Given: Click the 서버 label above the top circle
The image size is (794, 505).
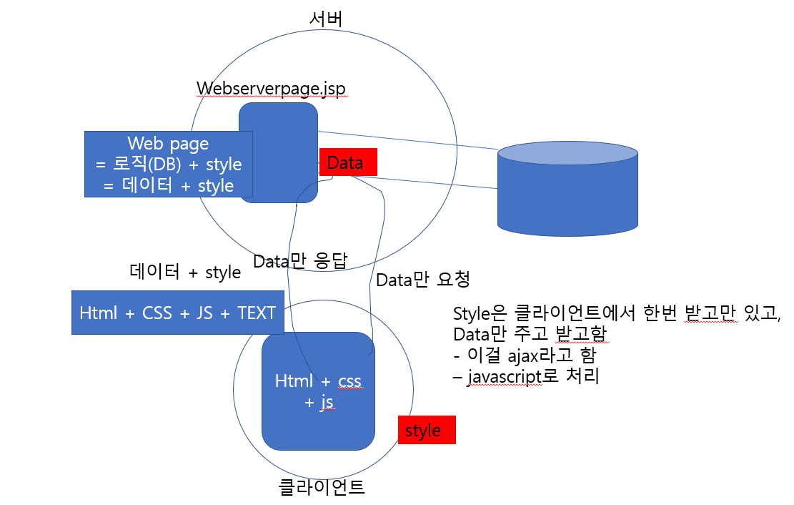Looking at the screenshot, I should (x=326, y=19).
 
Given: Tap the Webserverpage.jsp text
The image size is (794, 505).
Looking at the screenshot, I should (x=271, y=88).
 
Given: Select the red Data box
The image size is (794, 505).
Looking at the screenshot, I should (x=347, y=162).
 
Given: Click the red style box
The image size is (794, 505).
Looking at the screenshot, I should (x=426, y=431).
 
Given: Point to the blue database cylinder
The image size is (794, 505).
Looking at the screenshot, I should (x=567, y=190).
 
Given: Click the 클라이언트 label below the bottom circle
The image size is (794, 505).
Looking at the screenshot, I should (x=322, y=488).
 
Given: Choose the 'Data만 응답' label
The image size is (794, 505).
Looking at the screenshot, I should (x=300, y=261).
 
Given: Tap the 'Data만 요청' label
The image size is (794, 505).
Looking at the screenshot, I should (x=422, y=279).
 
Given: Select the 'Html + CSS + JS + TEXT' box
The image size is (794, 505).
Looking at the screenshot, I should (x=177, y=313).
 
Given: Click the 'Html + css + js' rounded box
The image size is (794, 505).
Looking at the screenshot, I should (x=318, y=391).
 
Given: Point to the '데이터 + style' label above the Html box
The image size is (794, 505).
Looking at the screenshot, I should (x=184, y=273).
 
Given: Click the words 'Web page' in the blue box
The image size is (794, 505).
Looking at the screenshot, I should (x=168, y=143).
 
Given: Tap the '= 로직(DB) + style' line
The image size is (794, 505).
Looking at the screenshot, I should (x=168, y=164).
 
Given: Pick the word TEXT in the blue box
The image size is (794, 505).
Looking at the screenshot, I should (x=257, y=313).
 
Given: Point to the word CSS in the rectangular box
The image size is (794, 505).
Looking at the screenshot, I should (x=157, y=313).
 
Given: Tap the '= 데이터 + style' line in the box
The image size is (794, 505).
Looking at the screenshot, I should (x=168, y=185).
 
